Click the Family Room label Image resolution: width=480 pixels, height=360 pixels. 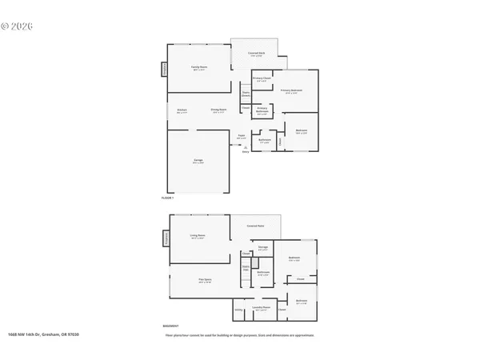[x=198, y=67]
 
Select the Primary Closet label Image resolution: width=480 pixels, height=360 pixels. [x=261, y=78]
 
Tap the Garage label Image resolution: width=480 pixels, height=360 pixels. [x=198, y=162]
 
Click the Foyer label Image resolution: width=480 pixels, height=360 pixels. [x=240, y=135]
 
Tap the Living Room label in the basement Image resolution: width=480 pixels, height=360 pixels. [x=198, y=235]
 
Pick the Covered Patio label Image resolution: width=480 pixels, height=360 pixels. [x=256, y=226]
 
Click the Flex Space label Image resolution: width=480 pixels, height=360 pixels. [x=204, y=279]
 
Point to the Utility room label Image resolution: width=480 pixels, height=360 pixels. [x=238, y=310]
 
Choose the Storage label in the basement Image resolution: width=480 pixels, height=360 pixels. [x=262, y=248]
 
